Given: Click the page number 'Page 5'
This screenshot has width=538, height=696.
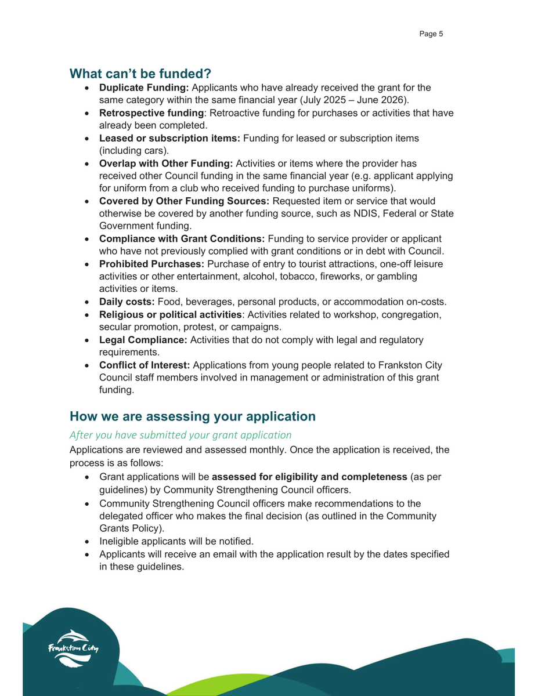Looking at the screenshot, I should tap(431, 34).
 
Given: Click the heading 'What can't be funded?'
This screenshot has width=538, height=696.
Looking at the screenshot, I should tap(140, 74).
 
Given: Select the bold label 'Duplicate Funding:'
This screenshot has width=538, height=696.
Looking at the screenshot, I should tap(144, 88).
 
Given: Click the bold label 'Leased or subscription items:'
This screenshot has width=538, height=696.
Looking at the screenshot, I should tap(169, 138).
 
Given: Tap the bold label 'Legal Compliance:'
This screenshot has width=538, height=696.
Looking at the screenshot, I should tap(143, 340).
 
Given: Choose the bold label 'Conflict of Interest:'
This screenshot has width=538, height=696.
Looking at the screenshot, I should tap(145, 365).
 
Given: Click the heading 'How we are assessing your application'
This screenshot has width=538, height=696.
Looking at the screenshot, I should tap(193, 416).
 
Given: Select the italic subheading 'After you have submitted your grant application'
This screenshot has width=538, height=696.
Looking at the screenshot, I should tap(180, 434).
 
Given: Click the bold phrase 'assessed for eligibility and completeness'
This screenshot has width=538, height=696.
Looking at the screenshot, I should tap(309, 477).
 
